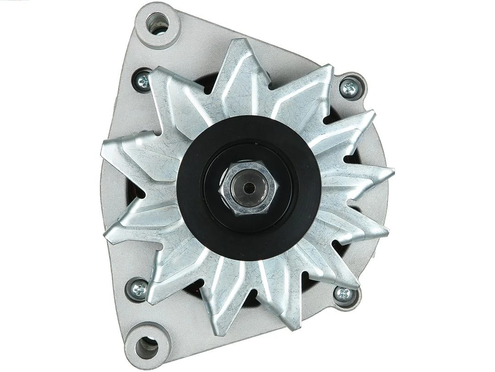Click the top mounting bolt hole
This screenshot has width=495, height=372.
coord(157,23)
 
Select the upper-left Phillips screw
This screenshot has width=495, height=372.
coord(143,82)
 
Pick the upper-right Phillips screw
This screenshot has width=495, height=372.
coord(350,87)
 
